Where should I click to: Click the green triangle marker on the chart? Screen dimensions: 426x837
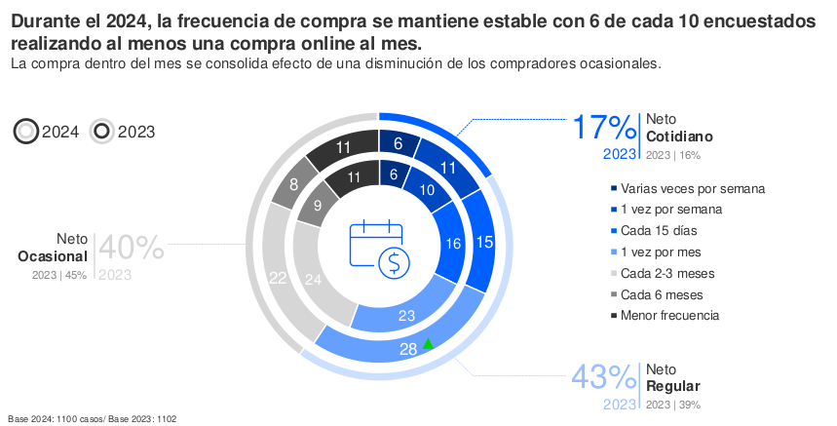point(427,341)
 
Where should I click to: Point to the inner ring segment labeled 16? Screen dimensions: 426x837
point(452,245)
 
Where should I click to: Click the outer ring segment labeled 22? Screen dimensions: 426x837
point(280,278)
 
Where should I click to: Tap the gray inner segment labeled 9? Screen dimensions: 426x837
point(318,206)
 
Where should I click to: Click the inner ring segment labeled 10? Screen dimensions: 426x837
point(428,191)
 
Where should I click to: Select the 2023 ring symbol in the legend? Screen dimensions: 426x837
point(102,132)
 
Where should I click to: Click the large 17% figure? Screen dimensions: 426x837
point(603,128)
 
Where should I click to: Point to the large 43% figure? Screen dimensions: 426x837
point(603,377)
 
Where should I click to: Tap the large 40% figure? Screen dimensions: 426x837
point(131,248)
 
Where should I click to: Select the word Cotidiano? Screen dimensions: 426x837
point(679,136)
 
